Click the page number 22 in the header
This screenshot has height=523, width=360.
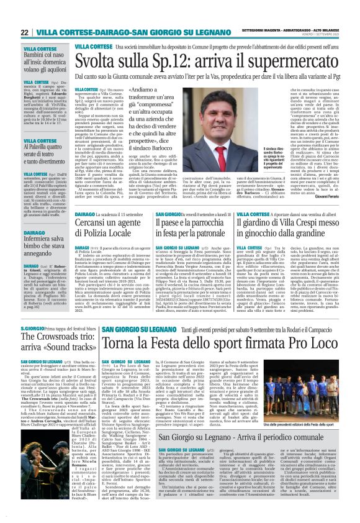click(24, 32)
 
